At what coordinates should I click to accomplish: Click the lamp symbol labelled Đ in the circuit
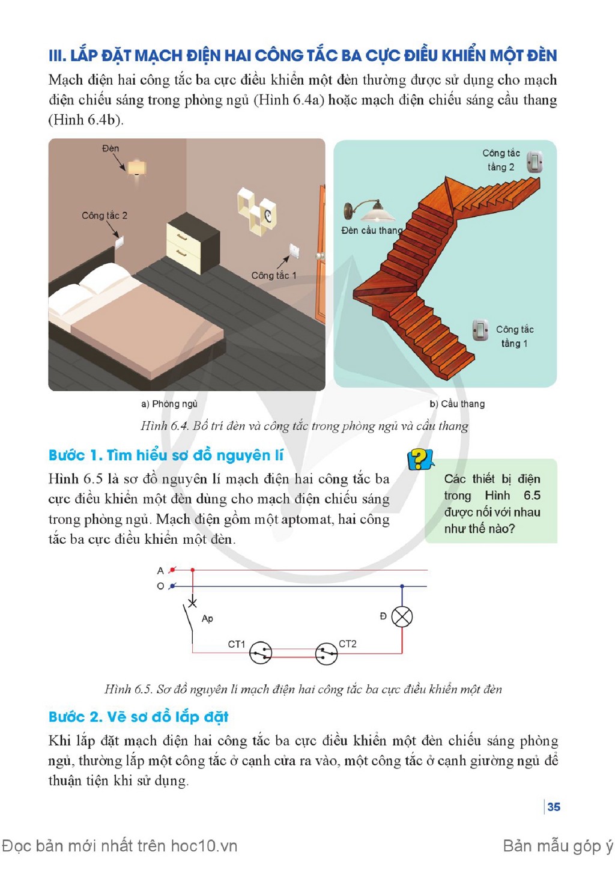coord(402,616)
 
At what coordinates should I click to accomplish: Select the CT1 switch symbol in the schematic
coord(261,652)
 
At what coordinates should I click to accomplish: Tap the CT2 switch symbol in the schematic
coord(326,653)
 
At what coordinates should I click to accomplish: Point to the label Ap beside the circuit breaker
coord(207,619)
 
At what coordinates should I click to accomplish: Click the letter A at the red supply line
coord(160,571)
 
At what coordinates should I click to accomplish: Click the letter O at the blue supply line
coord(160,586)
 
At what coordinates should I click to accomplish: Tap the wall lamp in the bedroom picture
coord(136,169)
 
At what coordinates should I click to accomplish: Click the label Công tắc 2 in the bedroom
coord(105,216)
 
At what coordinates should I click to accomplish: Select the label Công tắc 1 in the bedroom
coord(274,275)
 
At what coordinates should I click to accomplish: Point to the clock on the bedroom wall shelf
coord(268,214)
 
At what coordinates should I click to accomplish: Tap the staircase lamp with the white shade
coord(369,211)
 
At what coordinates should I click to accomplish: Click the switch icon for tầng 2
coord(535,161)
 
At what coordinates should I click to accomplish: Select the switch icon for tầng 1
coord(480,330)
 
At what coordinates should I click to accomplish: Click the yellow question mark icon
coord(420,460)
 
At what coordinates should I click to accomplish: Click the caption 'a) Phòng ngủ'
coord(169,404)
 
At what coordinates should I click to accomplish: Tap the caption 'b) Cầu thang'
coord(457,404)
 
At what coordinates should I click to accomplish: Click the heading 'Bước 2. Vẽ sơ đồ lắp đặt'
coord(138,717)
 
